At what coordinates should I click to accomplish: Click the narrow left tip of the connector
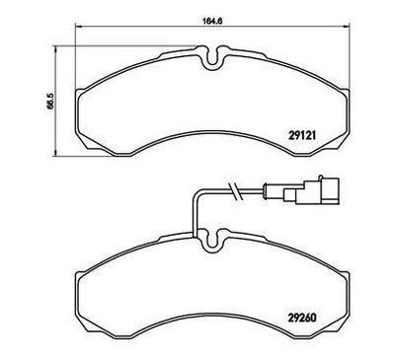tap(273, 193)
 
